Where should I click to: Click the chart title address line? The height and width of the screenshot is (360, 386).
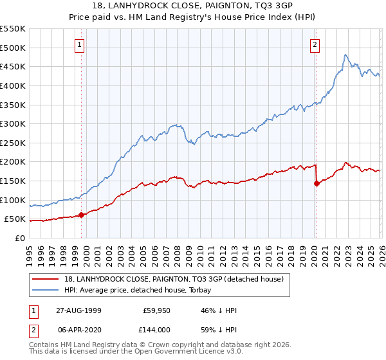point(192,6)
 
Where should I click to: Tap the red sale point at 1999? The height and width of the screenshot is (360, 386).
point(82,215)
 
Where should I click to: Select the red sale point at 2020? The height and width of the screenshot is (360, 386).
point(317,183)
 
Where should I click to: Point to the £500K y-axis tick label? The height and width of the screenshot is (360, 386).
point(13,48)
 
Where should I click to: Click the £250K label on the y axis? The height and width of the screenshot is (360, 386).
point(13,143)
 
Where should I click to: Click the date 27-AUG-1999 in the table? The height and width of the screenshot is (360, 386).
point(78,310)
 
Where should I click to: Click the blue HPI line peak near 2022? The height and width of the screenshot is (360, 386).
point(345,55)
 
